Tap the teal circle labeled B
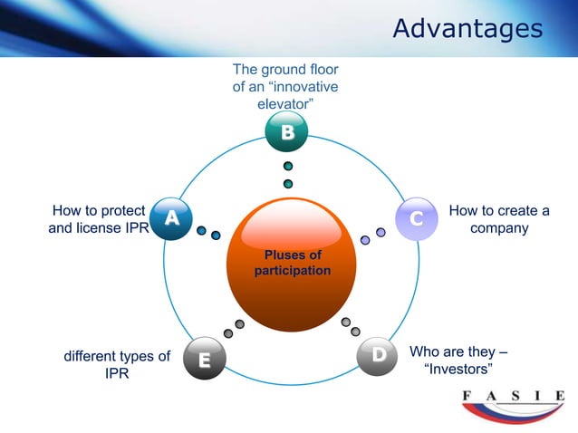click(286, 133)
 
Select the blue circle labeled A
click(171, 218)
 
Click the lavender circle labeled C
click(417, 219)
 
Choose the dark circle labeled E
click(205, 360)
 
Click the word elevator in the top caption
click(285, 104)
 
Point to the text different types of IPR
click(117, 364)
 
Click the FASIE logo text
click(513, 396)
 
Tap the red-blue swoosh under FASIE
click(513, 413)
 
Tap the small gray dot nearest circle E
click(227, 333)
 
